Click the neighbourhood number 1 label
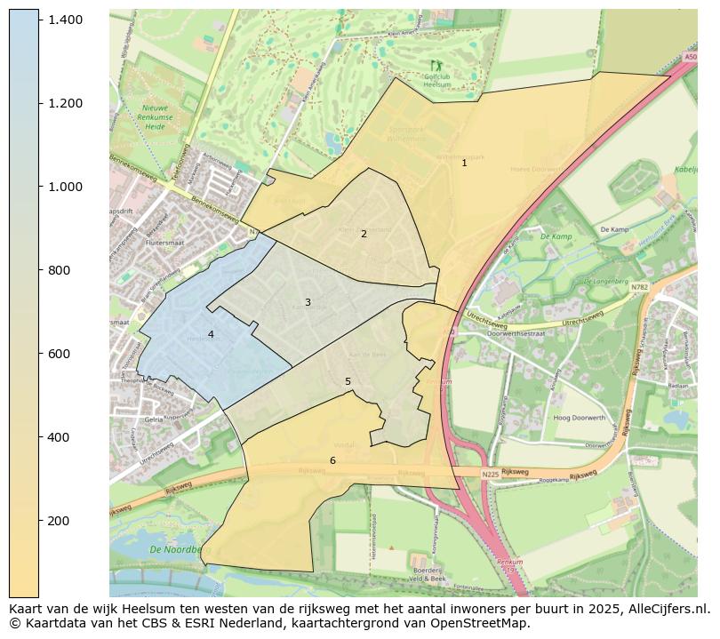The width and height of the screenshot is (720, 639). [464, 164]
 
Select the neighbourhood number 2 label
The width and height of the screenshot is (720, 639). [364, 234]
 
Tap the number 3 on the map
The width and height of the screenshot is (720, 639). [308, 302]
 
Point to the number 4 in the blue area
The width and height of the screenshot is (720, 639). [211, 335]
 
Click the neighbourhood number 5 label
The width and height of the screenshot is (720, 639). [348, 381]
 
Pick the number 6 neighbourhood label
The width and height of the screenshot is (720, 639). [332, 460]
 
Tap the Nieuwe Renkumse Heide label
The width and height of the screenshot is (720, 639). [161, 117]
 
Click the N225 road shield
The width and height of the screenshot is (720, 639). [490, 475]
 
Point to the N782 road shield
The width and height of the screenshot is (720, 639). [639, 287]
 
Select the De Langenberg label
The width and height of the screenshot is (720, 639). [605, 281]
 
